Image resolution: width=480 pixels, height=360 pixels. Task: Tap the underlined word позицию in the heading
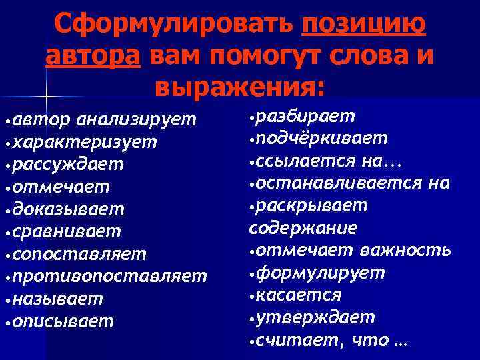point(364,25)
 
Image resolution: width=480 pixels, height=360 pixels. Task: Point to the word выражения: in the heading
point(240,86)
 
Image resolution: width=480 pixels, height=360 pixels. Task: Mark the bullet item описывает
point(63,322)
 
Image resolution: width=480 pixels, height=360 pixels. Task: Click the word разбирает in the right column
point(306,117)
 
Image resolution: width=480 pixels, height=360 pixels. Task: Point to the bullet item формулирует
point(321,273)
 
